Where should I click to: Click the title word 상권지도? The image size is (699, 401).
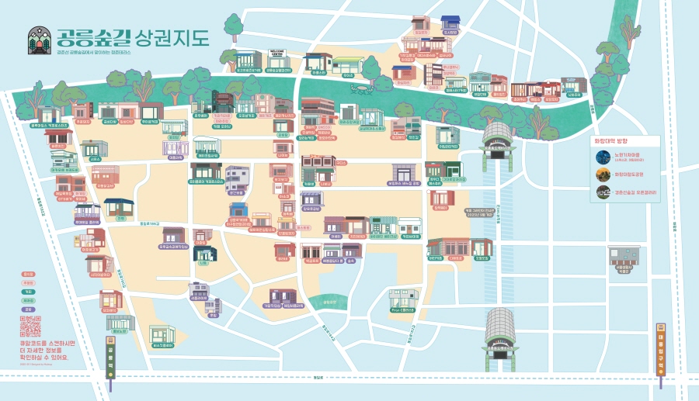tap(172, 37)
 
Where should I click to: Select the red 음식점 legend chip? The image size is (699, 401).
tap(29, 275)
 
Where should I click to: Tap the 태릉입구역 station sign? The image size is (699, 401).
tap(661, 355)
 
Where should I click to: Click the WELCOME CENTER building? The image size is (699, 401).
tap(277, 60)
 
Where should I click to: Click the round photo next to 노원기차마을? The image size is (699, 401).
tap(603, 157)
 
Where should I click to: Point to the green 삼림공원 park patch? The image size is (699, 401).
tap(329, 302)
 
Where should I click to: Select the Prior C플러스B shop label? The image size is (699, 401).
tap(404, 310)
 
